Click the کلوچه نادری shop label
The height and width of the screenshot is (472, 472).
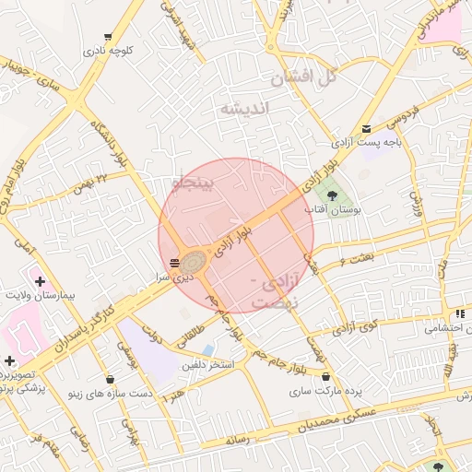pos(109,51)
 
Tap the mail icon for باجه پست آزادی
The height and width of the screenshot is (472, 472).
pos(367,129)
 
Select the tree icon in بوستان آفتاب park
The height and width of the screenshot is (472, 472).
pos(332,195)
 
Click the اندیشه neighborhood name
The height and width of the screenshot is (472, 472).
pos(244,109)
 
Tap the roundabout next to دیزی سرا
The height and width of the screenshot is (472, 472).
pos(194,262)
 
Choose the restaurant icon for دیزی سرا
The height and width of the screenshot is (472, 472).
pos(175,263)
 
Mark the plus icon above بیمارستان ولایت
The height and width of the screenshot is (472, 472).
pos(39,279)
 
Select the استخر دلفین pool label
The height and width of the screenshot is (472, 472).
pos(207,365)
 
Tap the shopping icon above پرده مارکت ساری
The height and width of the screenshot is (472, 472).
pos(327,375)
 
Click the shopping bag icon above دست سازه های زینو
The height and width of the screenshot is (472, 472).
pos(111,378)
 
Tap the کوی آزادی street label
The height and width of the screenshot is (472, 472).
pos(355,324)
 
